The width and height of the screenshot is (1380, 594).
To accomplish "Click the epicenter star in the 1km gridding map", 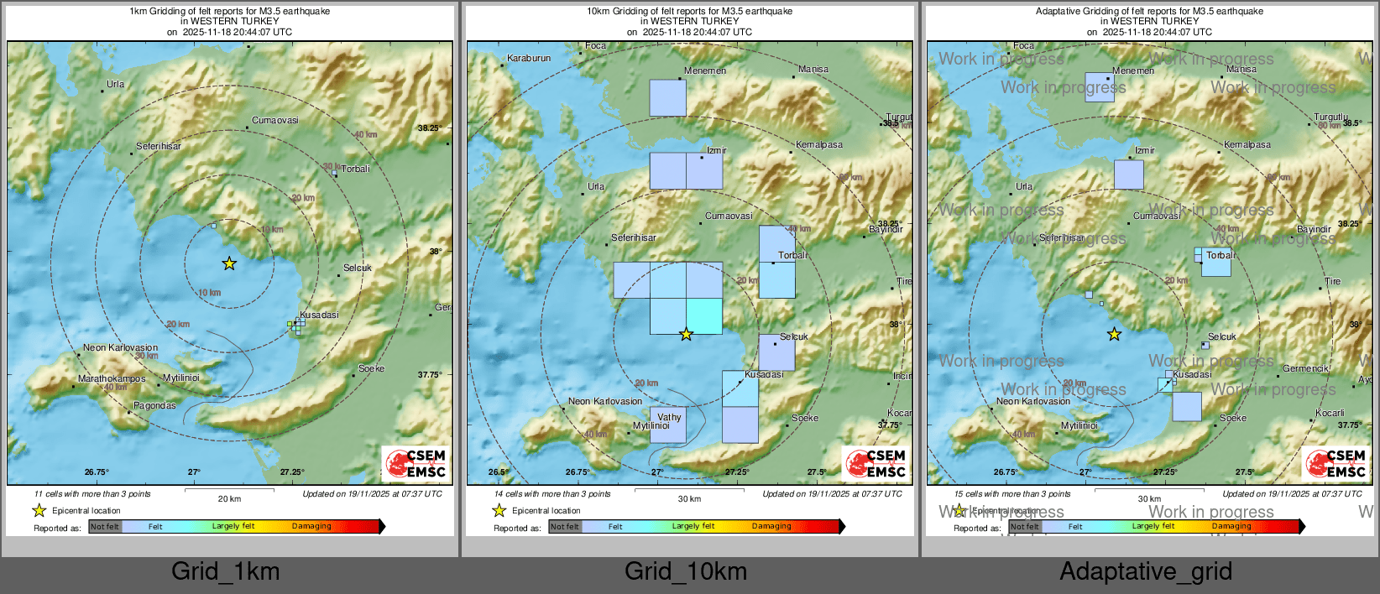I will pos(229,263).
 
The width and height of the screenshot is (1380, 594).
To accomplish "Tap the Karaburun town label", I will pos(529,59).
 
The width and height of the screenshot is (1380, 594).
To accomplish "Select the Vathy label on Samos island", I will pos(669,417).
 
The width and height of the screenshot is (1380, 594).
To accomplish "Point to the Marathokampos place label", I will pos(112,379).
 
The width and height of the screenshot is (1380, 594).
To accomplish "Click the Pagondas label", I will pos(155,406).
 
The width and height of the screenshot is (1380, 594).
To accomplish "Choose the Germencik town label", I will pos(1305,368).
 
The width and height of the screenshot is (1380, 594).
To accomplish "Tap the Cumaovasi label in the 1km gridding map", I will pos(275,121).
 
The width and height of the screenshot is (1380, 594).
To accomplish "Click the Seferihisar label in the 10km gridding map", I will pos(634,238).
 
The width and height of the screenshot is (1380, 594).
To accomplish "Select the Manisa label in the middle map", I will pos(813,70).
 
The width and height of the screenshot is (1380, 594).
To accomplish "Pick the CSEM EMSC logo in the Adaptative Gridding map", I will pos(1334,463).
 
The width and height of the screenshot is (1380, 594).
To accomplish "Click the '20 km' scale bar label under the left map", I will pos(229,499).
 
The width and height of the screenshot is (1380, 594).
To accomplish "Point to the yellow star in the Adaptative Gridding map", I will pos(1114,335).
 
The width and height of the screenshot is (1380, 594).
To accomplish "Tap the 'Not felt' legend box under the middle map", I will pos(565,527).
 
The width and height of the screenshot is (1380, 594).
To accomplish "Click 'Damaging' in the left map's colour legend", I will pos(311,527).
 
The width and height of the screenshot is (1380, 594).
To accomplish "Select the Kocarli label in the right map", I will pos(1330,413).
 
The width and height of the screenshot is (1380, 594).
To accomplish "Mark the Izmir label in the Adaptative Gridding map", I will pos(1145,151).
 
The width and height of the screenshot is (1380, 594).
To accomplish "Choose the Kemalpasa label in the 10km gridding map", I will pos(819,145).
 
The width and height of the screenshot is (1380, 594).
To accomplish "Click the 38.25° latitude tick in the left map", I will pos(429,128).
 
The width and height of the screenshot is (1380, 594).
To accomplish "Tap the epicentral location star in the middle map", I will pos(686,334).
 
